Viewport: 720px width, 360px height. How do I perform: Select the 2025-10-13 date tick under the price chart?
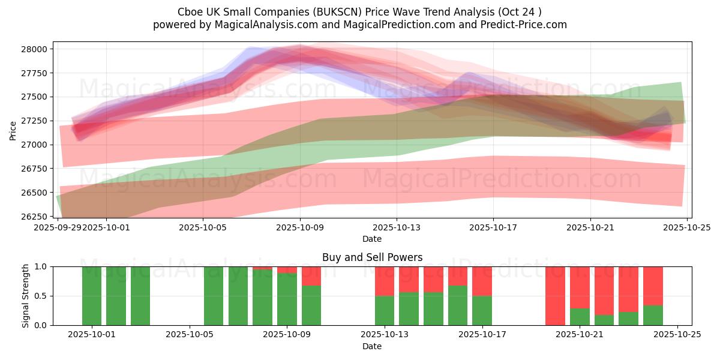(396, 228)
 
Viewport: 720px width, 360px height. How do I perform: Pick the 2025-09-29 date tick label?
(58, 228)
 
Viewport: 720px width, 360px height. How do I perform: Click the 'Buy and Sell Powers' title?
(372, 257)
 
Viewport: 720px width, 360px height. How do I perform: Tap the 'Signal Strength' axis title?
(25, 296)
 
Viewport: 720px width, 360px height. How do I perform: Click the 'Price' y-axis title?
(13, 130)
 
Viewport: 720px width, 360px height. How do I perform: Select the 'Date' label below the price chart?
(372, 239)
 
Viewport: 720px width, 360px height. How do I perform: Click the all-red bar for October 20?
(555, 296)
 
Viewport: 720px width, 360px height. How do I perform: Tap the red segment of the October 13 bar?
(385, 281)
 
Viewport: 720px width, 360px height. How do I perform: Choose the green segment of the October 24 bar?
(653, 316)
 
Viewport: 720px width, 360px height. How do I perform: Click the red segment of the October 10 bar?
(311, 276)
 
